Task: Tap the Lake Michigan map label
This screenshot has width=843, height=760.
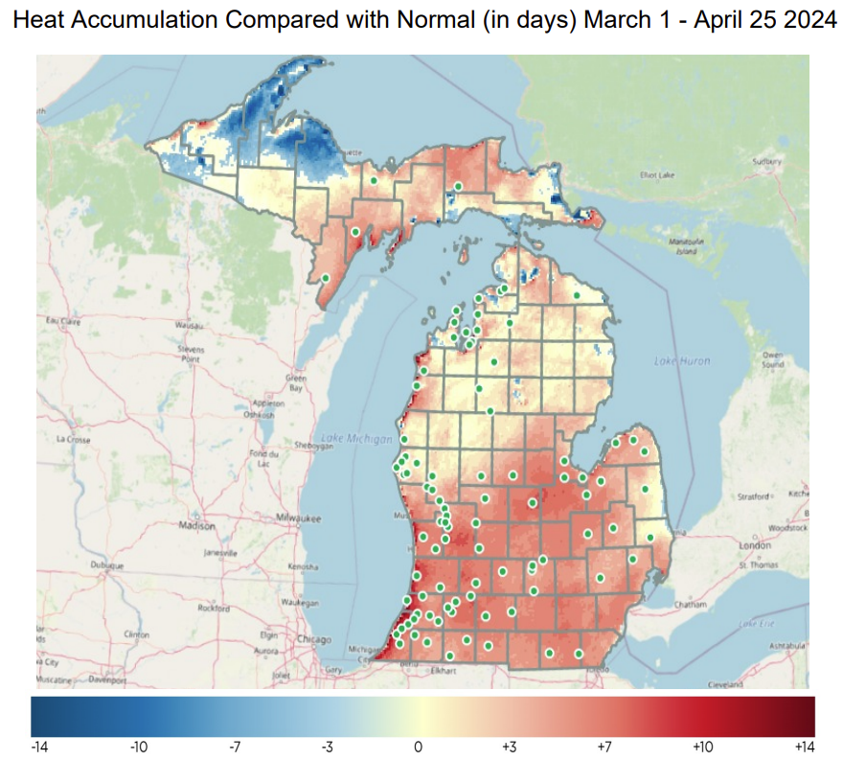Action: click(357, 439)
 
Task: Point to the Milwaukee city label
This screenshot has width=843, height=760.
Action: click(295, 517)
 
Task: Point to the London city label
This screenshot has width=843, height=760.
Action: click(757, 545)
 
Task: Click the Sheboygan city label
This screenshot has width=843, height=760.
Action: click(320, 446)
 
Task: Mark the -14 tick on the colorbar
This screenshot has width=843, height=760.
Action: click(40, 746)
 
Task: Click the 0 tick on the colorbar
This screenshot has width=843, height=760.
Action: click(418, 746)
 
